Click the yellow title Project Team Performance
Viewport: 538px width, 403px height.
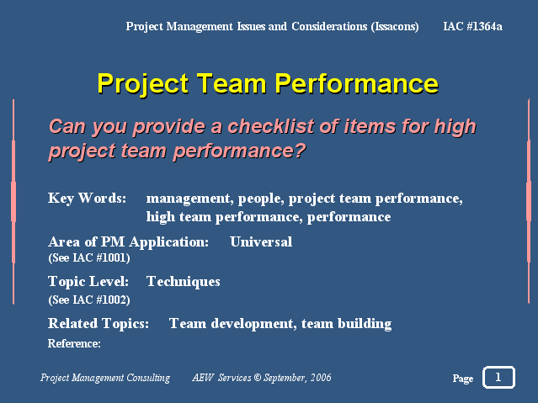coord(268,83)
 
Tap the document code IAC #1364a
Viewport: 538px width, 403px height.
coord(472,26)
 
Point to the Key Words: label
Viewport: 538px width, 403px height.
coord(88,199)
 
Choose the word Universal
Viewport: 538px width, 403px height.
coord(261,241)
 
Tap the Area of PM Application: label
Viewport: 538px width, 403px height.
coord(128,242)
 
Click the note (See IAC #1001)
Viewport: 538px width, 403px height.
coord(89,258)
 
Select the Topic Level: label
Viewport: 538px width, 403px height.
coord(88,282)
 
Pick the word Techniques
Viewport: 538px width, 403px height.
coord(184,282)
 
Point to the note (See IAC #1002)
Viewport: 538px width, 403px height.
coord(89,300)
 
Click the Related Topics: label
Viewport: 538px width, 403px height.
coord(99,324)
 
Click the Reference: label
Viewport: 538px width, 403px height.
coord(74,343)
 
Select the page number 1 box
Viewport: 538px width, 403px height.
coord(498,377)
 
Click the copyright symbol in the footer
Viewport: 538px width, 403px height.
coord(258,378)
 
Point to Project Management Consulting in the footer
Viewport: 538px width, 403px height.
coord(105,378)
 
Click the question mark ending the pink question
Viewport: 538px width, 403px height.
coord(300,151)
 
